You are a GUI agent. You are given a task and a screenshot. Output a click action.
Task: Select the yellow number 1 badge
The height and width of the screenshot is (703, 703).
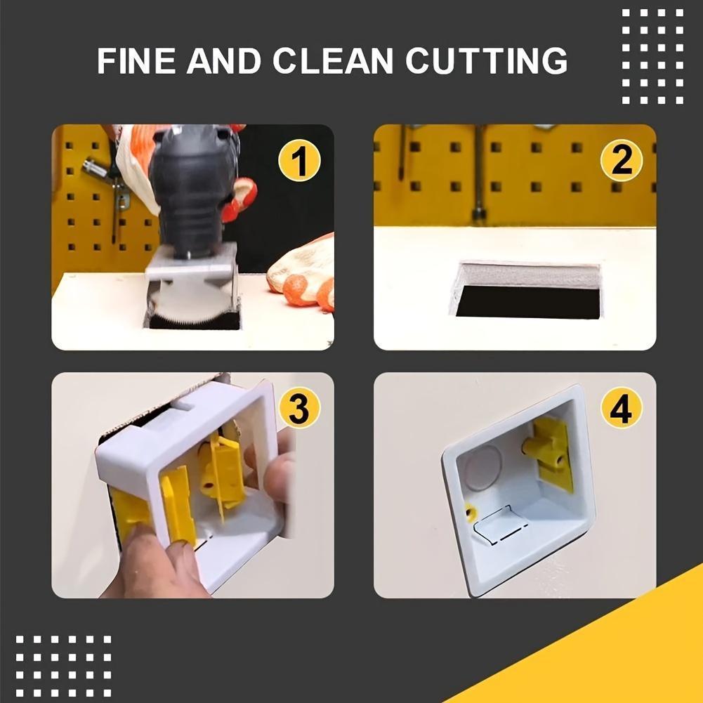click(299, 161)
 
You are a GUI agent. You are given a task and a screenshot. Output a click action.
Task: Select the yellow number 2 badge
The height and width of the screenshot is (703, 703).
click(621, 161)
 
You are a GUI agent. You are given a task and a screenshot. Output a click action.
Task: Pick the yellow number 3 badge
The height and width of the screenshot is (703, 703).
click(299, 408)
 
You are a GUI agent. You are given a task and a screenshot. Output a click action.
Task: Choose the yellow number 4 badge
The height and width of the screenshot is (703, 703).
click(621, 408)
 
